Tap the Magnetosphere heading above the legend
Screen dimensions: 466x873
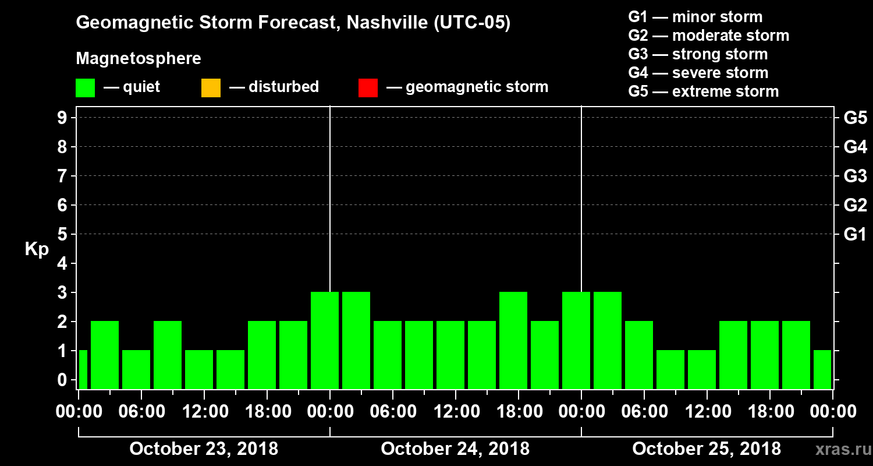point(139,59)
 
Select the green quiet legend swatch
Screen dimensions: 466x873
point(85,88)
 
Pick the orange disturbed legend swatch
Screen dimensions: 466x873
point(211,88)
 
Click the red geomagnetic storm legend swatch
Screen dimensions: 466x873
point(368,88)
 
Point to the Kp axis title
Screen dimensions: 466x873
point(37,249)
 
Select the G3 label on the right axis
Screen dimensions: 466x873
point(855,176)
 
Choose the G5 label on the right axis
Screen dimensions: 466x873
point(855,118)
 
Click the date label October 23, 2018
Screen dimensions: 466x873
point(204,449)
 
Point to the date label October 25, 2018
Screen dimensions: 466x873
point(707,449)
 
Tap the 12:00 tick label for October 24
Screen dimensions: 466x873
point(456,412)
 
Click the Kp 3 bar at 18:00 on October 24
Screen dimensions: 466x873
point(513,340)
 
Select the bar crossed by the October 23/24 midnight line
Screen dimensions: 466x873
point(325,340)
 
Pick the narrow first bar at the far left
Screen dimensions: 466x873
point(83,369)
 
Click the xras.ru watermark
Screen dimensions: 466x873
point(839,450)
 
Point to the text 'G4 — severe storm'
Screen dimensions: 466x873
point(698,73)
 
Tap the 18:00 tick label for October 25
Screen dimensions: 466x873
point(770,412)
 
